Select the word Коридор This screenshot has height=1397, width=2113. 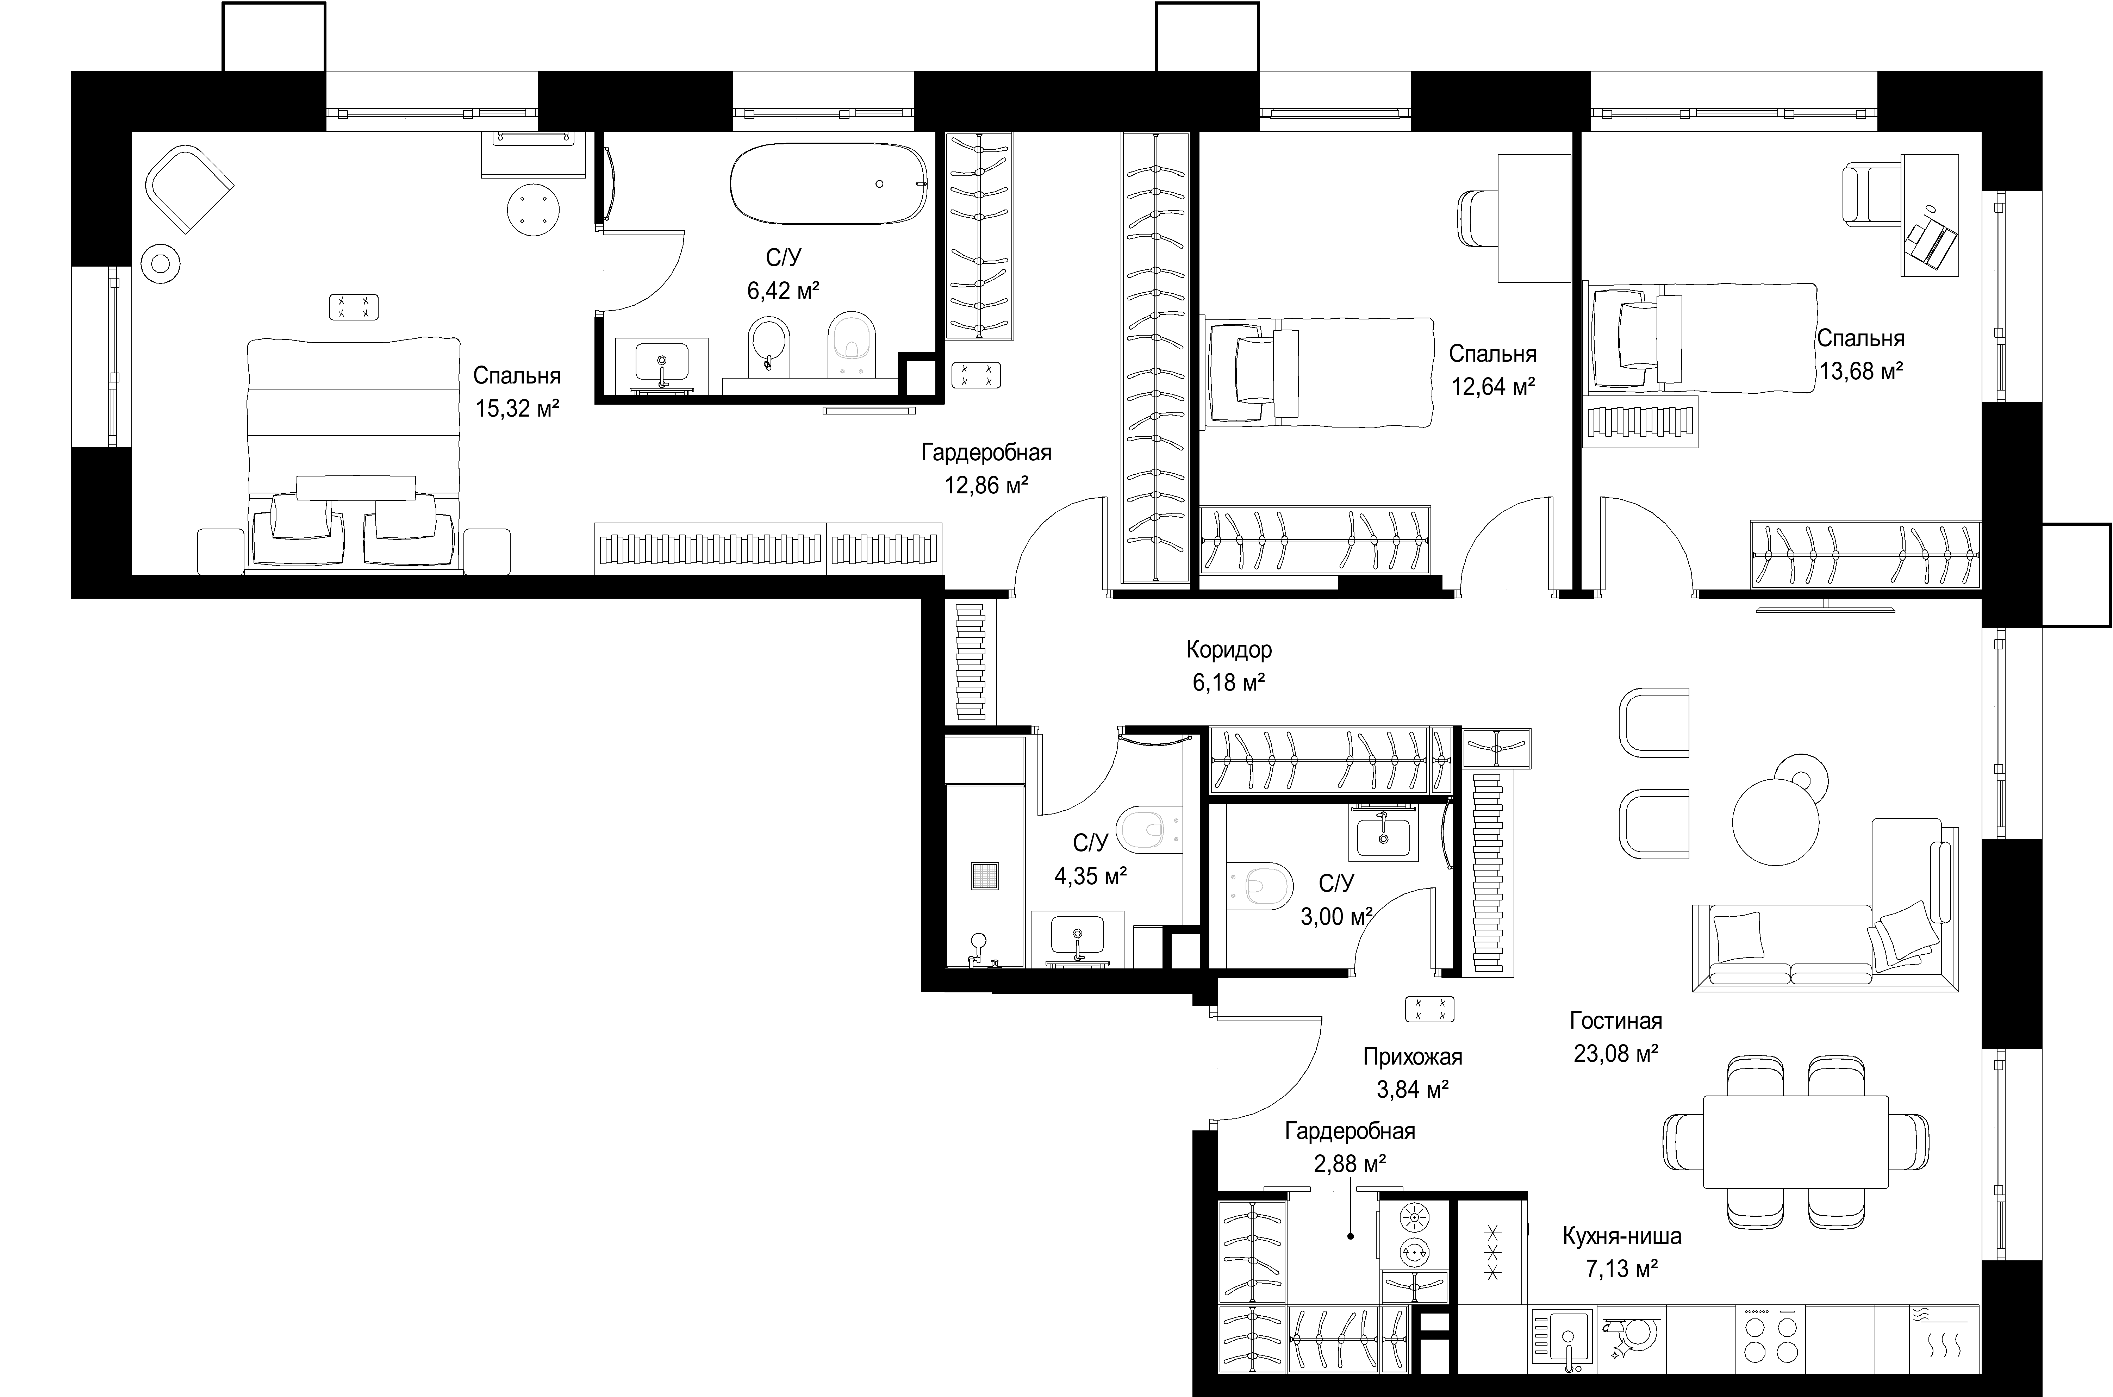click(1229, 650)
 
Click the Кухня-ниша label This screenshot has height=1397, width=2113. click(1622, 1237)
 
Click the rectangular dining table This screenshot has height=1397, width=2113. click(1795, 1141)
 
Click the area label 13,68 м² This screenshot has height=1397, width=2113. click(1861, 372)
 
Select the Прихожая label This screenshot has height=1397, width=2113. click(1413, 1058)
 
